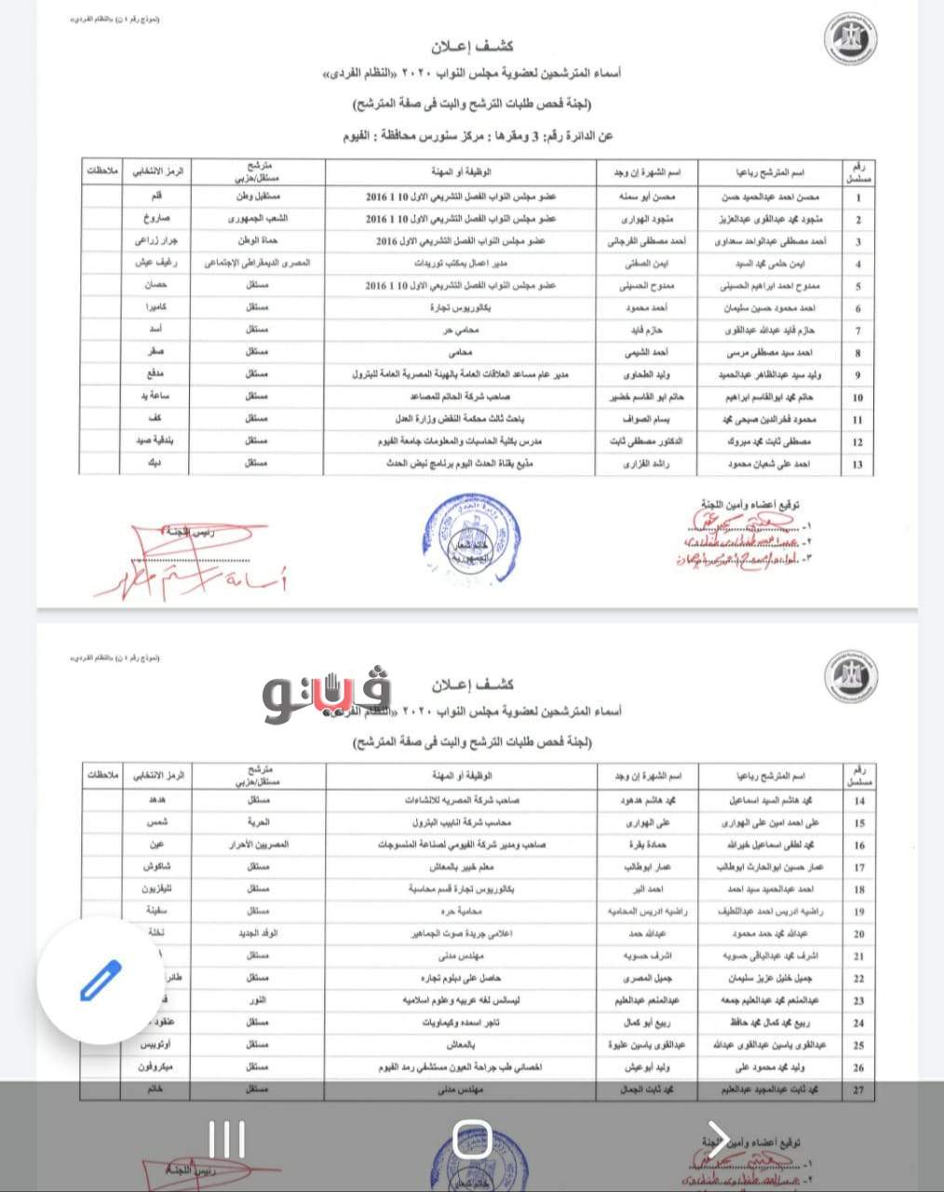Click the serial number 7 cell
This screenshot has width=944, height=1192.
click(x=857, y=331)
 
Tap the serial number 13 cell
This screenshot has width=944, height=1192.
click(x=857, y=464)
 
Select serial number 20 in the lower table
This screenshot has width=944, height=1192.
click(x=858, y=934)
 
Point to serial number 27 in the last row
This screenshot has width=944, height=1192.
click(x=858, y=1090)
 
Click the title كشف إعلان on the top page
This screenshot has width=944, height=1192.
click(x=472, y=47)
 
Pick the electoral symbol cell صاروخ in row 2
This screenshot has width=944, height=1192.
click(x=155, y=219)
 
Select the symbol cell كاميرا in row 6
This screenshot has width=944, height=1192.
click(x=155, y=308)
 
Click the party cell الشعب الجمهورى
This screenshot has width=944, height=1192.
click(x=258, y=219)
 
